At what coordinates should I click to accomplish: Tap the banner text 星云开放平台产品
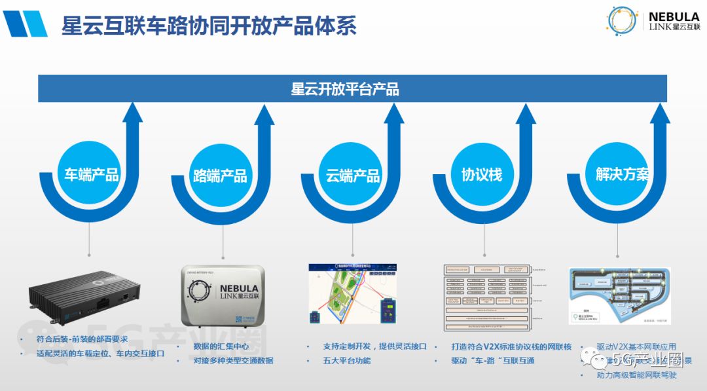(x=345, y=89)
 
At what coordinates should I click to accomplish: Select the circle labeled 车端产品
(x=91, y=174)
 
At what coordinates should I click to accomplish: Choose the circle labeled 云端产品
(x=353, y=175)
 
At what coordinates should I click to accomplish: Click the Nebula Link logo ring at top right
(x=621, y=21)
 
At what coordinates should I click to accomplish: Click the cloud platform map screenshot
(x=354, y=294)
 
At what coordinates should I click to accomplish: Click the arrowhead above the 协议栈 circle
(x=526, y=114)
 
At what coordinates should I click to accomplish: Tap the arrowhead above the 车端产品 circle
(x=132, y=114)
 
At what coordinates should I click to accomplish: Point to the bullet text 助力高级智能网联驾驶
(x=636, y=375)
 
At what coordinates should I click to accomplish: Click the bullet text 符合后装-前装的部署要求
(x=82, y=339)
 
